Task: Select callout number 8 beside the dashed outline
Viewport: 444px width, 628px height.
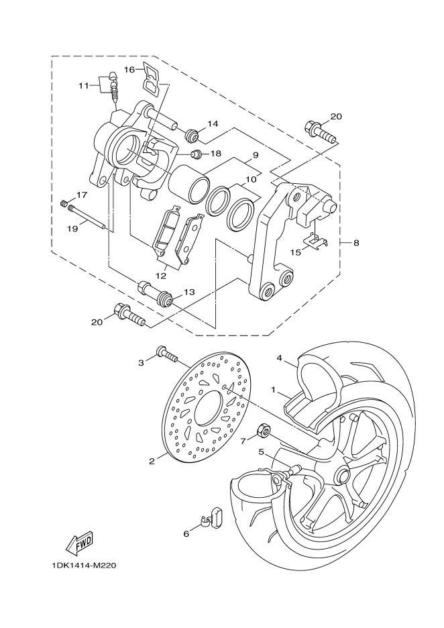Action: click(x=356, y=242)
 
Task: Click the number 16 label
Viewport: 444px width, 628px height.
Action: click(x=129, y=70)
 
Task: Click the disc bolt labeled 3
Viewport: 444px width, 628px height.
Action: click(x=168, y=355)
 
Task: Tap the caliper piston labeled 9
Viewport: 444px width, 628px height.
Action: click(x=189, y=182)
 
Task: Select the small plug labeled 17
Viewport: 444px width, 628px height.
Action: click(x=63, y=203)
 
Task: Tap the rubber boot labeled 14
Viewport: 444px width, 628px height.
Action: click(x=192, y=136)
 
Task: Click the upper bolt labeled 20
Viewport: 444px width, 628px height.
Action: click(x=322, y=132)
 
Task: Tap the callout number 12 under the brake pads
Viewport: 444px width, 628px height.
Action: click(x=161, y=276)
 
